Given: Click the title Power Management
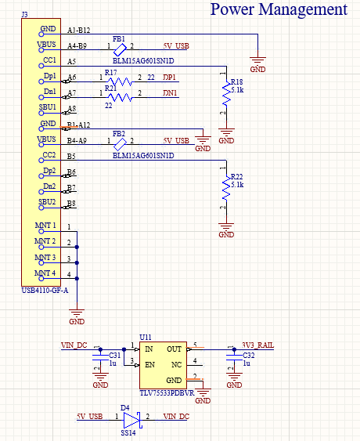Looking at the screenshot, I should pyautogui.click(x=279, y=9).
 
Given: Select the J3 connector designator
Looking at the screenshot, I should pyautogui.click(x=25, y=16).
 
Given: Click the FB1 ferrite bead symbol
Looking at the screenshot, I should pyautogui.click(x=120, y=45).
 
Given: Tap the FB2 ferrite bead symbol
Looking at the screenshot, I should pyautogui.click(x=120, y=141).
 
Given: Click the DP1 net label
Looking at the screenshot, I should pyautogui.click(x=170, y=77).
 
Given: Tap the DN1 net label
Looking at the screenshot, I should pyautogui.click(x=170, y=93).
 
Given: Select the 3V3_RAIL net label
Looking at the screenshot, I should pyautogui.click(x=257, y=345).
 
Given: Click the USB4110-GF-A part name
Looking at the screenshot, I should pyautogui.click(x=45, y=291).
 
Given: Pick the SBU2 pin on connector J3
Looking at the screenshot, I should pyautogui.click(x=48, y=202).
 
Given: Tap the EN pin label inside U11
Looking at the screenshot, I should pyautogui.click(x=149, y=363).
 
